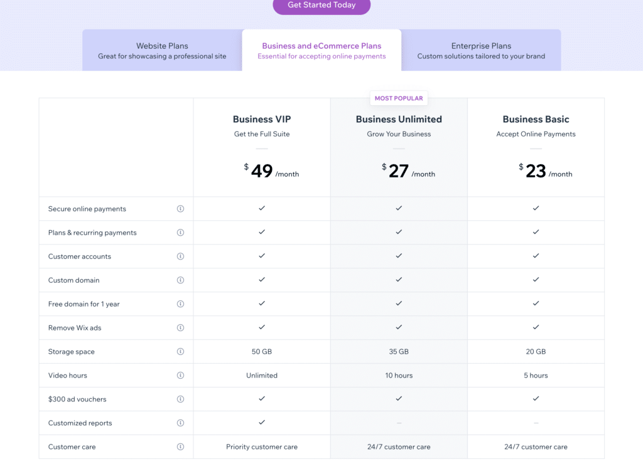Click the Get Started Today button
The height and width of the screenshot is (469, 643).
(321, 5)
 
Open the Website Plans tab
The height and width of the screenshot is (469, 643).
(162, 50)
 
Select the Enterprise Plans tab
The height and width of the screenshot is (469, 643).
(481, 50)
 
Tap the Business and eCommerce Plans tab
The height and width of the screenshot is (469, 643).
(321, 50)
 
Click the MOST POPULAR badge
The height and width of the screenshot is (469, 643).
(399, 98)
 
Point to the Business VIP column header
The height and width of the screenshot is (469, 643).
(262, 119)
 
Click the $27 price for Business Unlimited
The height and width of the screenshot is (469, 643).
(399, 171)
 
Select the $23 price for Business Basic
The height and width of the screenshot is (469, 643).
(536, 171)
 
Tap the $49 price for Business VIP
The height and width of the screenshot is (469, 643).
(262, 171)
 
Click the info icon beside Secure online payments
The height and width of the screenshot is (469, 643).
(180, 209)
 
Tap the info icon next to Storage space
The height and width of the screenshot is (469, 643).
(180, 352)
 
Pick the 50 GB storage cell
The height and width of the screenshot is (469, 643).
(262, 352)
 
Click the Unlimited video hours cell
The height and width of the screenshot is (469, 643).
(262, 376)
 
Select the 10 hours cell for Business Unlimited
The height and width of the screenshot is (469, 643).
(399, 376)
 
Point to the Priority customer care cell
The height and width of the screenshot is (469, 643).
(262, 447)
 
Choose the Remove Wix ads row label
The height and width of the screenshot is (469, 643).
(75, 328)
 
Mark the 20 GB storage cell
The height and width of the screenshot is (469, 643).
(536, 352)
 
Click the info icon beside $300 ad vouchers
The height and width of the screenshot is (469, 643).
(180, 399)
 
